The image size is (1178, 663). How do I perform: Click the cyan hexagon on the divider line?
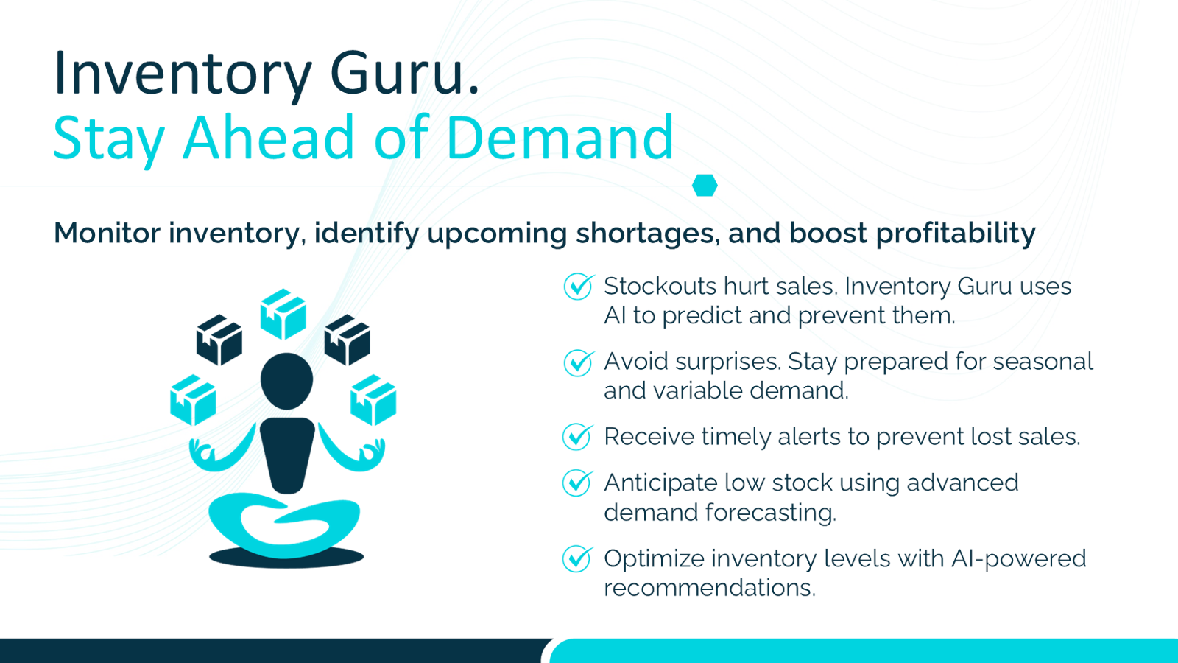tap(705, 185)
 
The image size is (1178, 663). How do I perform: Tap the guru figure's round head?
tap(286, 381)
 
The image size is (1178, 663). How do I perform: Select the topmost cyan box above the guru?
tap(283, 314)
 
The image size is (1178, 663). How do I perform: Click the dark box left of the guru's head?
tap(219, 340)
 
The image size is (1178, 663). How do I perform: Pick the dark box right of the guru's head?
tap(347, 340)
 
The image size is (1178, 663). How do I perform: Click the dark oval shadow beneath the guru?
tap(286, 558)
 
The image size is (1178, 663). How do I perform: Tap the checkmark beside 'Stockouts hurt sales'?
tap(579, 287)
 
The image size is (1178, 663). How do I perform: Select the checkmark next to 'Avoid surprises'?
tap(579, 362)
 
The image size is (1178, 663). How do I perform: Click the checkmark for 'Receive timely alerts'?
tap(577, 437)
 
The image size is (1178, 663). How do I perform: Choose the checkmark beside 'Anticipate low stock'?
tap(577, 483)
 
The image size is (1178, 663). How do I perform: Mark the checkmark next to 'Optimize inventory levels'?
tap(577, 559)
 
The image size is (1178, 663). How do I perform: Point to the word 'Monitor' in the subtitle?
tap(107, 233)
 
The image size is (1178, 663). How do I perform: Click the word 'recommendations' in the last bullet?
tap(710, 588)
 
